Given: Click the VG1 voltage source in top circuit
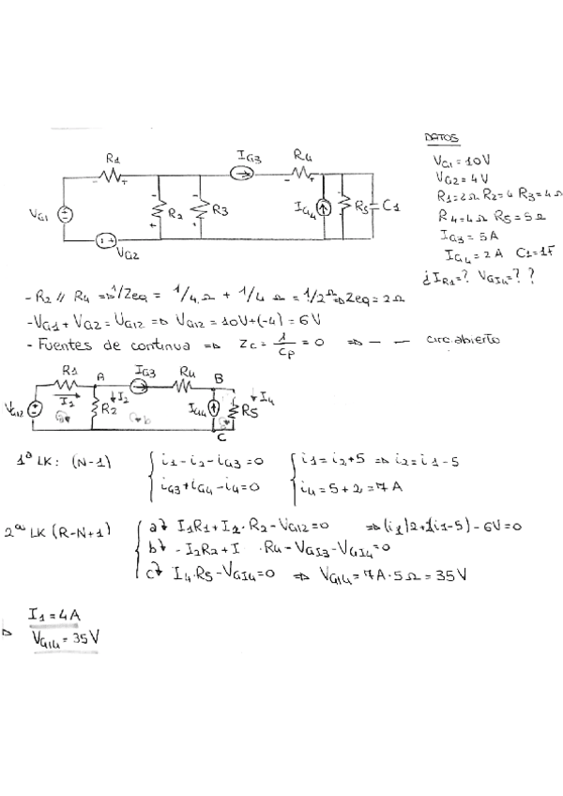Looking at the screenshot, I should coord(64,214).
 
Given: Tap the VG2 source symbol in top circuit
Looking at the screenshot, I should coord(104,241).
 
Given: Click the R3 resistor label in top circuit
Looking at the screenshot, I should coord(220,210).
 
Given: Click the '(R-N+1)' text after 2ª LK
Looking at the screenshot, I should coord(83,530).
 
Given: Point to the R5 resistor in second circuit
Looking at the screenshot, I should coord(247,408).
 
